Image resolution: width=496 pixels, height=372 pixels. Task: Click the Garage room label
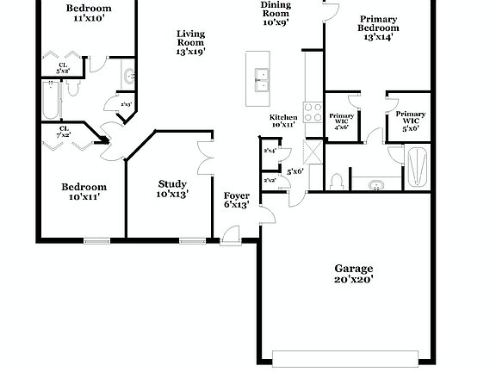coord(354,268)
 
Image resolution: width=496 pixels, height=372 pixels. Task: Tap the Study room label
coord(173,183)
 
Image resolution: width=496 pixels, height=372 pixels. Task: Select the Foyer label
coord(237,195)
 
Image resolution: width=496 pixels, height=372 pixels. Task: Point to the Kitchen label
coord(284,117)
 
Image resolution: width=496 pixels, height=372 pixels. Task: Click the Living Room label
coord(190,37)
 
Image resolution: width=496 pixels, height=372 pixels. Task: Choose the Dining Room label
coord(276,8)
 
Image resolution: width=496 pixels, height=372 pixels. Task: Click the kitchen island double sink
coord(260,79)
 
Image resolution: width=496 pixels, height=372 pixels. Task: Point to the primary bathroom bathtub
coord(418,166)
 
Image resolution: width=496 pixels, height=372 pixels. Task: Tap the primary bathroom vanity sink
coord(377,184)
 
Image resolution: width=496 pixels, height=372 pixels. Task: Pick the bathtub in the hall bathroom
coord(51,101)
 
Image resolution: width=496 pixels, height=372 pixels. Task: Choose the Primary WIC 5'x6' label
coord(411,119)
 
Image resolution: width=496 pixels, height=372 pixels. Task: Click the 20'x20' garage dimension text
coord(354,278)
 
